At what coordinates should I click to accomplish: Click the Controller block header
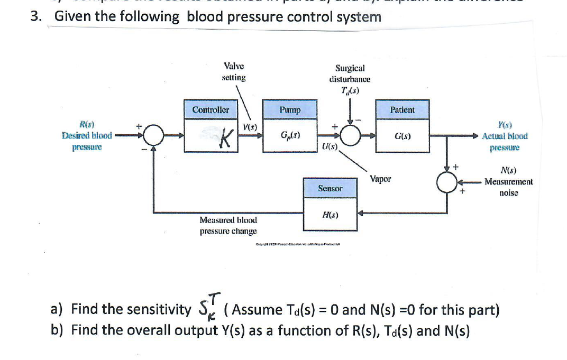click(x=211, y=110)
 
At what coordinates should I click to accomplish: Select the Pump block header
click(x=290, y=110)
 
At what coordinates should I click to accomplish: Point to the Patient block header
click(x=402, y=110)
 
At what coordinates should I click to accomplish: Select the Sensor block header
click(x=330, y=188)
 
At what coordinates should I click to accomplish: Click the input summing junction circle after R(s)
click(x=153, y=136)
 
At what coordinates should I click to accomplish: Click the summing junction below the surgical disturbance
click(x=350, y=136)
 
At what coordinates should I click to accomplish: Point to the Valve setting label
click(x=234, y=72)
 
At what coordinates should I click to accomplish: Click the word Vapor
click(x=380, y=179)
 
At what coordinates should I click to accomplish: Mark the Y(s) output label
click(x=505, y=126)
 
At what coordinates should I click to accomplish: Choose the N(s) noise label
click(x=508, y=170)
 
